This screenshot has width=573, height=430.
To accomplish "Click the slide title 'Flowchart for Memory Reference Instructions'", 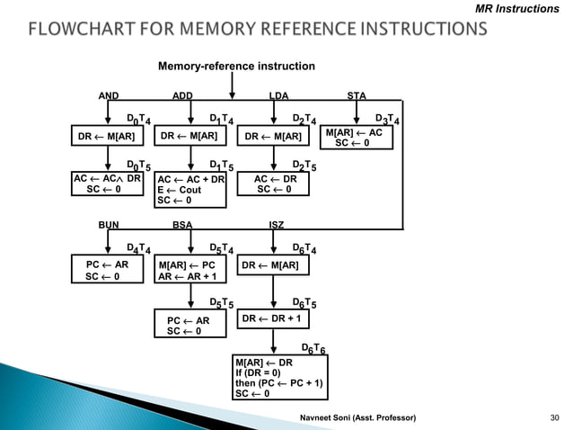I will point(259,31).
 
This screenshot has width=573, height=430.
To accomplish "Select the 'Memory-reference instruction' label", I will point(236,67).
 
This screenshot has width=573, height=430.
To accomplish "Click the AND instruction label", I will point(109,94).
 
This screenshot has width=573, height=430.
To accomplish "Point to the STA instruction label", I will point(357,94).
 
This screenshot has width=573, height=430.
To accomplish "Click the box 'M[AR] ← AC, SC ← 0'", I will point(358,138).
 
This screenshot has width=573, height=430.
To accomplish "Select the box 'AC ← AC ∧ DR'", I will point(107,184).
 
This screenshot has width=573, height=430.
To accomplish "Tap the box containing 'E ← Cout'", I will point(190,190).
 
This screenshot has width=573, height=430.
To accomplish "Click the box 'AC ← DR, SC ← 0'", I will point(275,184).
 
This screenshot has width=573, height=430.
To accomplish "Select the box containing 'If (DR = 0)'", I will point(279,378).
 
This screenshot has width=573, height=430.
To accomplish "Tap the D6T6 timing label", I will point(313,348).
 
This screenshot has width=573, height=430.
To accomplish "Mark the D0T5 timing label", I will point(137,166).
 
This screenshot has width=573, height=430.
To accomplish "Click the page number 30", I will point(554,419).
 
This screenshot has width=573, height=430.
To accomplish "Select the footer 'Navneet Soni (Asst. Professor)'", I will point(357,419).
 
